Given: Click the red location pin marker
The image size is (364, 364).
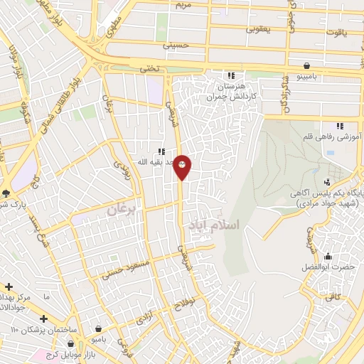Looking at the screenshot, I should click(x=183, y=166).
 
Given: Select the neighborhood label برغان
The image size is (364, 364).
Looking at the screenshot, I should click(x=125, y=210).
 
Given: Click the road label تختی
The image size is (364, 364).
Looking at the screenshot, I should click(x=144, y=68).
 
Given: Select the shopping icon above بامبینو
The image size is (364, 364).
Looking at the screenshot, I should click(x=306, y=63).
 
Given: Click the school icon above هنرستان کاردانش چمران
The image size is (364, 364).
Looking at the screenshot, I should click(x=230, y=75).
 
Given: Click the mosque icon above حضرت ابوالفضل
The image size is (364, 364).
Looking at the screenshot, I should click(x=328, y=256).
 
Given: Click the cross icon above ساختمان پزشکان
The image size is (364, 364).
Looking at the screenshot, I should click(x=44, y=318).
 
